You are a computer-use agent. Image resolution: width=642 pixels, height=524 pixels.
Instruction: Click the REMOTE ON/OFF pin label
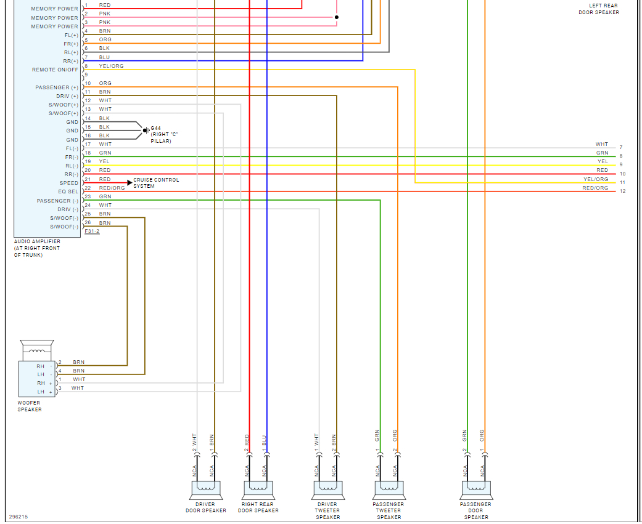(x=55, y=70)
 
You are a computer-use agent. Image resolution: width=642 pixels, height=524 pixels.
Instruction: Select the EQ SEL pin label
(x=68, y=191)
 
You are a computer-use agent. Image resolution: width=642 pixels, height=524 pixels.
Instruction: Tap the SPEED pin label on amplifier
(x=69, y=183)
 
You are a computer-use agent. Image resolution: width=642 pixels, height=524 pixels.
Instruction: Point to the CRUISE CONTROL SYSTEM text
(x=156, y=183)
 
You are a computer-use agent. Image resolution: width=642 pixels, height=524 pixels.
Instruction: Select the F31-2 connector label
(x=92, y=231)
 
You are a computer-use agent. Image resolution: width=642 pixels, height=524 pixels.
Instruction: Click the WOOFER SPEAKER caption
(x=30, y=406)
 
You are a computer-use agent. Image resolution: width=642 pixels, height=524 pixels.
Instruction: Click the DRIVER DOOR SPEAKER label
(x=205, y=507)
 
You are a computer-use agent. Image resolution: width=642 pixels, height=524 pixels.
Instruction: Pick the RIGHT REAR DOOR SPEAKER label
(x=258, y=507)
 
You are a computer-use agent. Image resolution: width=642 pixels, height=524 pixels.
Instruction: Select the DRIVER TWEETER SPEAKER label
(x=327, y=510)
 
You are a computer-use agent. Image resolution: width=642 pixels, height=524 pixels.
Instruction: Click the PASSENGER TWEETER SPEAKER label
(x=389, y=510)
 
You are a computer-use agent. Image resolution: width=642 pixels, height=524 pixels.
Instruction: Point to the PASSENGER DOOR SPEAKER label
(x=476, y=510)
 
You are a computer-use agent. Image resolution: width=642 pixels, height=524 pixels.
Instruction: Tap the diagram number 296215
(x=18, y=517)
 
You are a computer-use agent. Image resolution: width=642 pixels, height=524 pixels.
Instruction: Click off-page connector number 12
(x=622, y=191)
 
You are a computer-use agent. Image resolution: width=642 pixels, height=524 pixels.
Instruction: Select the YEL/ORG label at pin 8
(x=111, y=66)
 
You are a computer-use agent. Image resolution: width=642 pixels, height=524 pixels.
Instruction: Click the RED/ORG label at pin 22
(x=112, y=188)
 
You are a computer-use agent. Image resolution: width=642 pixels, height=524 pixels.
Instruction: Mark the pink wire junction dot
(x=337, y=17)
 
